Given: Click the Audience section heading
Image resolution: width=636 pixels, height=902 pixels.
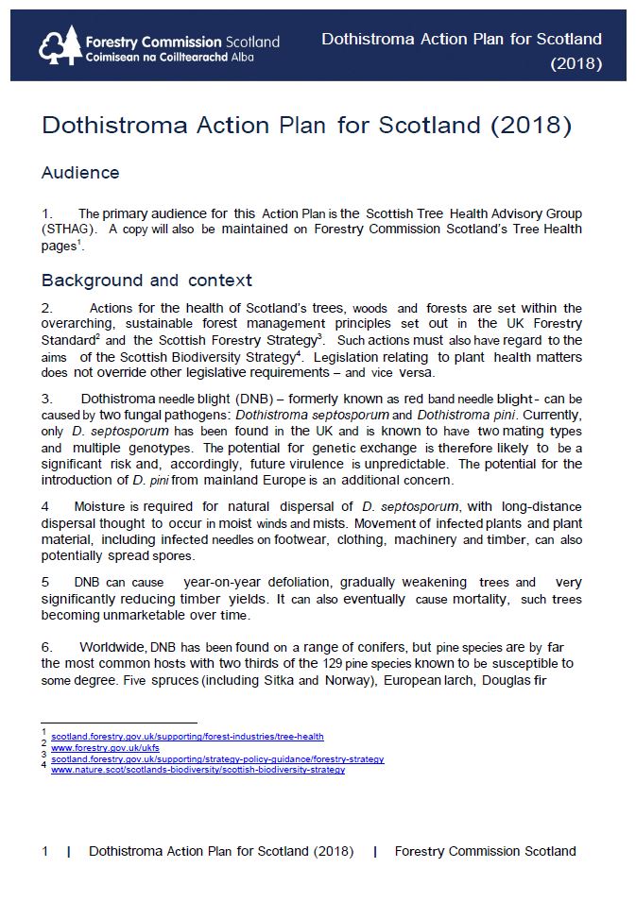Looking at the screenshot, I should pos(80,173).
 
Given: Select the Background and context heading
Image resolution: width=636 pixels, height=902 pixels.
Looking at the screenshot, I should pos(146,281).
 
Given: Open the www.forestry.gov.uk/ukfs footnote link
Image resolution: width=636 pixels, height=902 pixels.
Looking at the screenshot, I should pos(105,747).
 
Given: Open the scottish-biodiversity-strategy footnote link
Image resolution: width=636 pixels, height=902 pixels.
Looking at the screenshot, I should pos(198,770).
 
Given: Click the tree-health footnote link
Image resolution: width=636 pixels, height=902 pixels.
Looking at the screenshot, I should pos(187,736).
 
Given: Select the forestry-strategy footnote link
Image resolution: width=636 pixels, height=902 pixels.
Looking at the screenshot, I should pos(217,758).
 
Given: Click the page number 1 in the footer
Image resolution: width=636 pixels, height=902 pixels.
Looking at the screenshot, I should pos(45,851).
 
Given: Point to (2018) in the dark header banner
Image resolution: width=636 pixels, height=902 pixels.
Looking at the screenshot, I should pos(576,64).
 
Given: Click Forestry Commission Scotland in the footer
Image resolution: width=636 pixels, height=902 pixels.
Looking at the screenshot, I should pos(485,851).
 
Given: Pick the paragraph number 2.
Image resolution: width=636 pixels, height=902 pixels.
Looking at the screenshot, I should pos(46,308).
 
